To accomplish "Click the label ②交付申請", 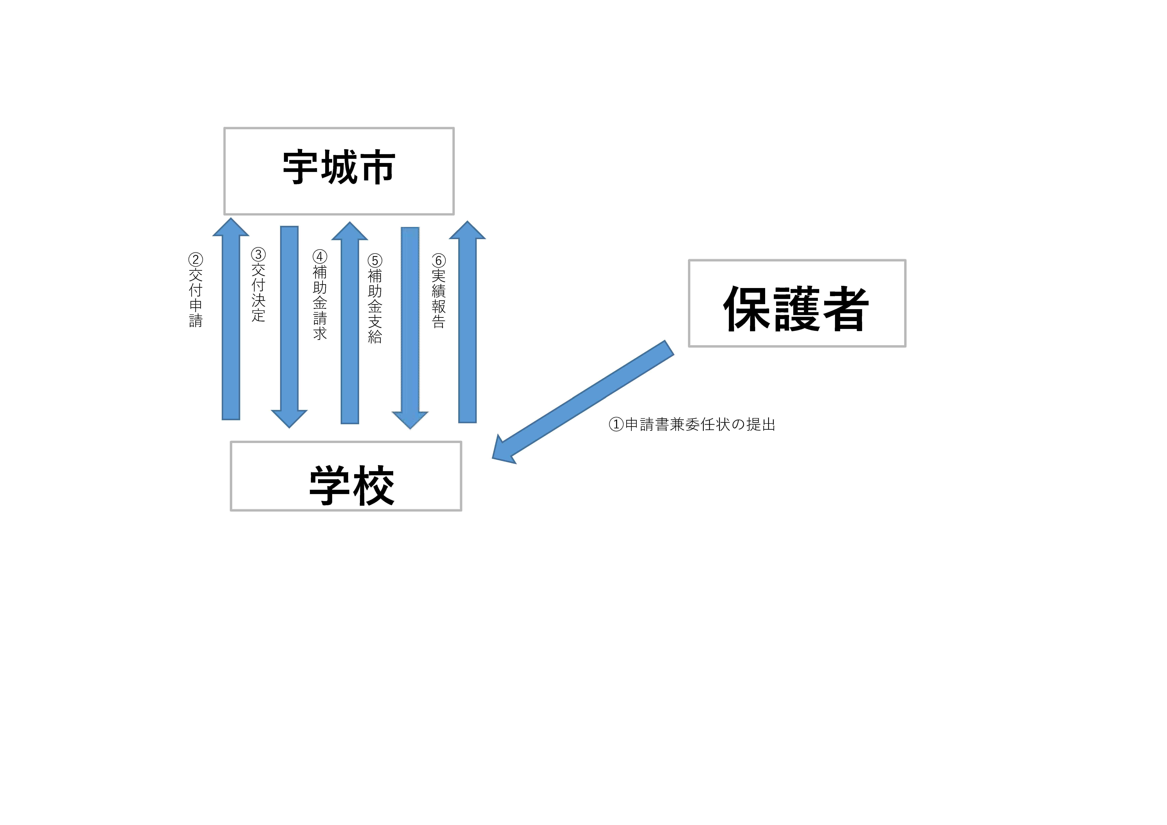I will pos(196,291).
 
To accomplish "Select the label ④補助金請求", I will pos(320,295).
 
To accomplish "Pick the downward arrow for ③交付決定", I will pos(289,325).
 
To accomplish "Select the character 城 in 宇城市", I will pos(339,167).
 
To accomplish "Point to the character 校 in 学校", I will pos(374,485).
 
